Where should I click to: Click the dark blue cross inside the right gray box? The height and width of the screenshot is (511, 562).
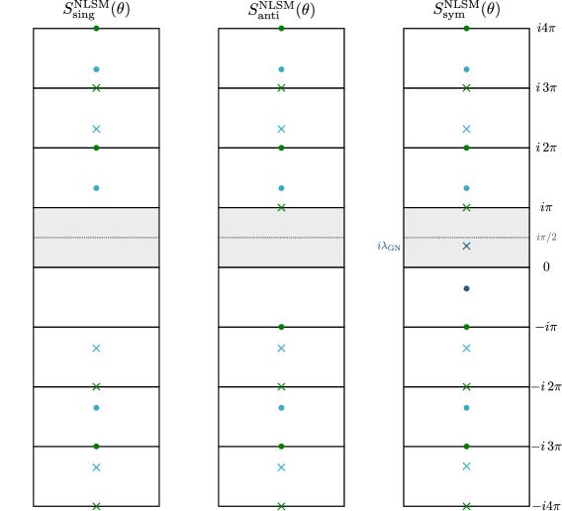pyautogui.click(x=466, y=246)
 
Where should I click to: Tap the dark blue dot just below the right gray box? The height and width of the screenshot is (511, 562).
pyautogui.click(x=466, y=288)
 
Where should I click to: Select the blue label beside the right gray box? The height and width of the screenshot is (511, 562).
pyautogui.click(x=388, y=247)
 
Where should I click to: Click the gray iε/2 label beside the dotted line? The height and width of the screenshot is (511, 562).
pyautogui.click(x=546, y=238)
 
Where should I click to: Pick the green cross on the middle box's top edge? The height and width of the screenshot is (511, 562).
pyautogui.click(x=281, y=207)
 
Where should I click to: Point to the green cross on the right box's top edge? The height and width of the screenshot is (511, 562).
pyautogui.click(x=466, y=207)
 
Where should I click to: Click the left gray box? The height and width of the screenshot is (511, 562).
pyautogui.click(x=96, y=237)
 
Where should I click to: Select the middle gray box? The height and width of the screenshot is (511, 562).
pyautogui.click(x=281, y=237)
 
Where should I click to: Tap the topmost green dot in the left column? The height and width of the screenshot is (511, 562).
pyautogui.click(x=96, y=29)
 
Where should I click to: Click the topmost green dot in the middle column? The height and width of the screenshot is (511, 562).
pyautogui.click(x=281, y=29)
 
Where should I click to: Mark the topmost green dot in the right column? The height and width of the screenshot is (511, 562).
pyautogui.click(x=466, y=29)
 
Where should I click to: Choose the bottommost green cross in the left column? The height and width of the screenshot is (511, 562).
pyautogui.click(x=96, y=506)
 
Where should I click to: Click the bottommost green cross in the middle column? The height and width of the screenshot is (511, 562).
pyautogui.click(x=281, y=506)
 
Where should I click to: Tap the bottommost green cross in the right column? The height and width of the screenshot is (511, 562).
pyautogui.click(x=466, y=506)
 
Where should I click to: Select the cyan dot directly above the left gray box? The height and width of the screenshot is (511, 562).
pyautogui.click(x=96, y=188)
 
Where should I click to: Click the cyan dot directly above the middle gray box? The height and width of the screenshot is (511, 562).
pyautogui.click(x=281, y=188)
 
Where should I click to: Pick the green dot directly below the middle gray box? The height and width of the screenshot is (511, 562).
pyautogui.click(x=281, y=327)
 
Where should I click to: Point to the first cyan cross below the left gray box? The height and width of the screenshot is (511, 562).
pyautogui.click(x=96, y=349)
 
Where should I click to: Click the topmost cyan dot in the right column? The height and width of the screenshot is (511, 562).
pyautogui.click(x=466, y=69)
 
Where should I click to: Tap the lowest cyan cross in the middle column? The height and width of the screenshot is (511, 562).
pyautogui.click(x=281, y=467)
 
